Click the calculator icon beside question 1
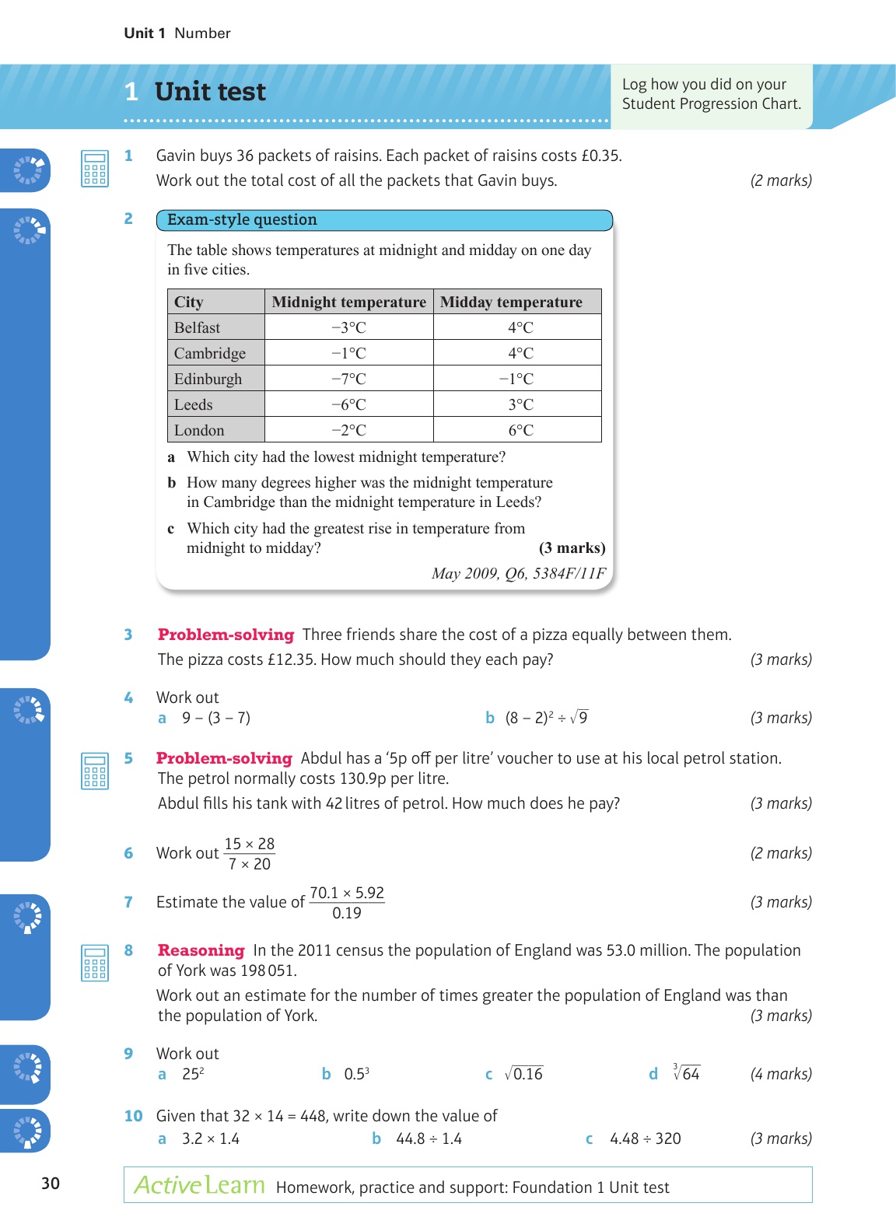94,169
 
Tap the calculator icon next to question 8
94,963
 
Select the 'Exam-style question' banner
384,220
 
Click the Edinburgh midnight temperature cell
348,379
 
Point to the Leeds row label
194,404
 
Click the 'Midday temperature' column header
511,302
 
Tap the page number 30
51,1183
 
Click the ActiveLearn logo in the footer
199,1185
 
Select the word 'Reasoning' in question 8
201,950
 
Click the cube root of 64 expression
686,1073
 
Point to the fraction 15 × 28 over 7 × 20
250,854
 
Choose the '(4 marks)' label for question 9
780,1074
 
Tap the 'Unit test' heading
210,92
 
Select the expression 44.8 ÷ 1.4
429,1138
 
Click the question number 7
128,902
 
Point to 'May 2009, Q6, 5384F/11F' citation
518,573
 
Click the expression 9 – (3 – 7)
216,718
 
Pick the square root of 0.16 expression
523,1074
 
